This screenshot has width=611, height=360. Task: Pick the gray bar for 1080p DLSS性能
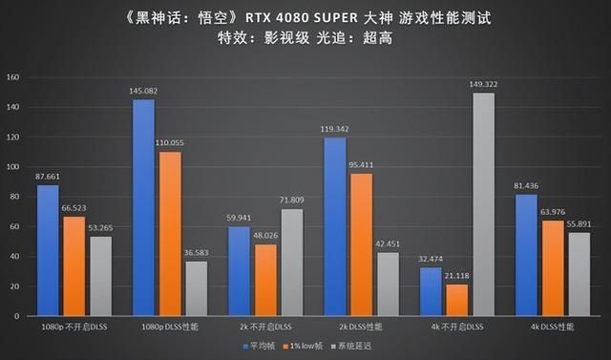(x=198, y=287)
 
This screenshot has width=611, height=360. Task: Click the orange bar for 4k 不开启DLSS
(x=456, y=299)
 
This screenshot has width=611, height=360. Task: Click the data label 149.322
(x=483, y=84)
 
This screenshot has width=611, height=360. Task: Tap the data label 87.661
(x=49, y=176)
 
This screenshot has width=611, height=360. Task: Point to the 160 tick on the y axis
(x=13, y=77)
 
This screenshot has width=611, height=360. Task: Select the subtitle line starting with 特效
(x=305, y=39)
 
